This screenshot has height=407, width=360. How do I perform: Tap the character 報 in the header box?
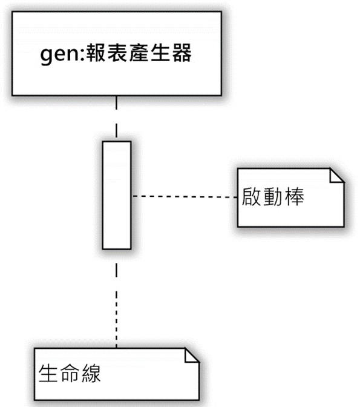coord(96,53)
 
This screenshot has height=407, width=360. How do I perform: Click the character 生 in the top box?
coord(160,53)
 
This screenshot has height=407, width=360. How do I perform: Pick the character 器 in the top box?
coord(182,53)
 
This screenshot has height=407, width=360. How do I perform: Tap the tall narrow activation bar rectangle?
coord(117,195)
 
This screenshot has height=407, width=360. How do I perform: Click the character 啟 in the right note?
coord(251,196)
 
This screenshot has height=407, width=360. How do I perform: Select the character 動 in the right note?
coord(273,196)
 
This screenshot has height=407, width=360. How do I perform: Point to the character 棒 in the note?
coord(295,196)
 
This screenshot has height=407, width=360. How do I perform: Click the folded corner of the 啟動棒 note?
coord(337,176)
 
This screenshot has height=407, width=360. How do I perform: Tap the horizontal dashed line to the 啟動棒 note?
coord(185,196)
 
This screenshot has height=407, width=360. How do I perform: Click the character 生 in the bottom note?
coord(48,373)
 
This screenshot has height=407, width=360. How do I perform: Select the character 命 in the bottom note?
coord(70,373)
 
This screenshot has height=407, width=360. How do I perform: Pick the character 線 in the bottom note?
coord(91,373)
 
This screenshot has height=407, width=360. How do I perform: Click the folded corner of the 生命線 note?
coord(192,355)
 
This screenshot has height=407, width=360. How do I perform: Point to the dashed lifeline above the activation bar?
coord(116,119)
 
